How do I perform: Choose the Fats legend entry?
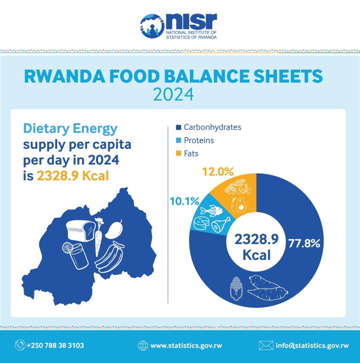[x=191, y=154]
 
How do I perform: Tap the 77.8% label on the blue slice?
[x=304, y=244]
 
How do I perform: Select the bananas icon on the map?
[x=110, y=256]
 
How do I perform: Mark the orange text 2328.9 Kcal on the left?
[x=73, y=176]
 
